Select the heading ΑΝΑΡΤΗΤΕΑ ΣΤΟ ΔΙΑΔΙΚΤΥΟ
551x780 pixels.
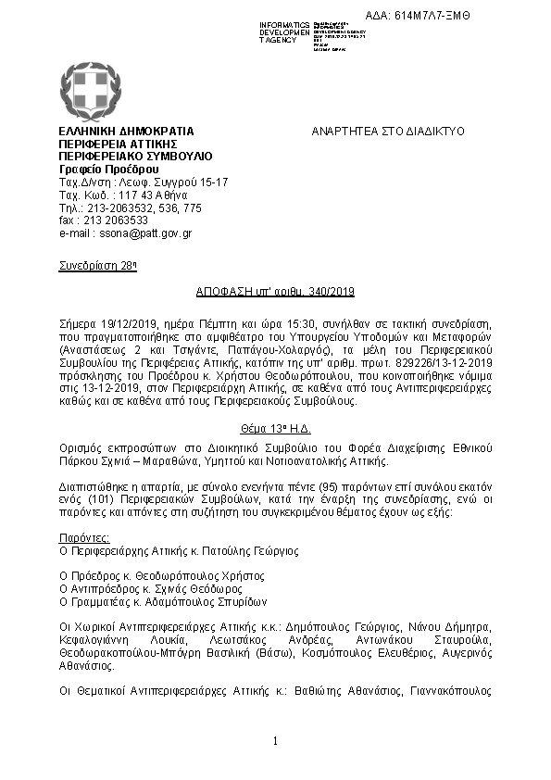pyautogui.click(x=388, y=132)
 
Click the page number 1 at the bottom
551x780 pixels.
pyautogui.click(x=275, y=741)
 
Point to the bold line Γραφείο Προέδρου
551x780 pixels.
pyautogui.click(x=102, y=170)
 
